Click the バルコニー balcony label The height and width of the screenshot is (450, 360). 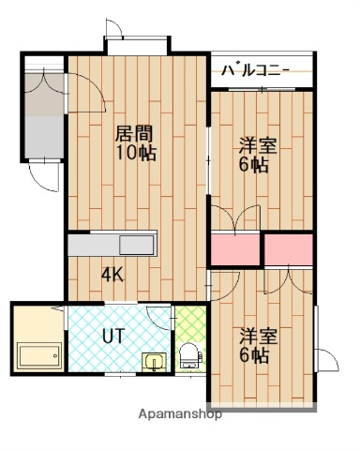pos(256,70)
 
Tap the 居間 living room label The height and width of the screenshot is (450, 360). pos(134,133)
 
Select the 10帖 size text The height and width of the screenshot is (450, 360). pos(134,154)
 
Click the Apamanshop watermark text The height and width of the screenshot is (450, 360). pos(180,412)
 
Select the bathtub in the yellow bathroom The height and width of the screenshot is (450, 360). pos(37,357)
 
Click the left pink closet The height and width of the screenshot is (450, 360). pos(234,248)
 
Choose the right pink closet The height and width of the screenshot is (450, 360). pos(289,248)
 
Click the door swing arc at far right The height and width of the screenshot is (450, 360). pos(328,361)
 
